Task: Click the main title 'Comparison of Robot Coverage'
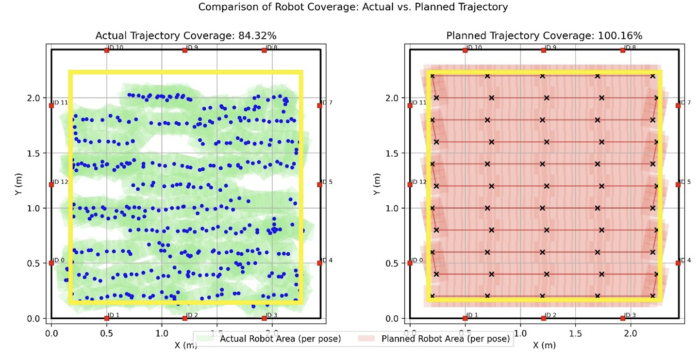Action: (349, 7)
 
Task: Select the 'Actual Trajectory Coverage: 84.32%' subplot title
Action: (186, 35)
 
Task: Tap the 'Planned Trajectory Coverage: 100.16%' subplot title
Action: (544, 35)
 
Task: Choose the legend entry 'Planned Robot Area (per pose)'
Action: (446, 339)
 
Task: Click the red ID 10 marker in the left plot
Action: (107, 50)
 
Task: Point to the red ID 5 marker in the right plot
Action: (678, 184)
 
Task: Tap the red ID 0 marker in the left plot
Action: (51, 263)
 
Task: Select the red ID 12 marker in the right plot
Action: (410, 184)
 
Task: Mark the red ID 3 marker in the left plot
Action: (264, 318)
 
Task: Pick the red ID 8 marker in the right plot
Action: (623, 50)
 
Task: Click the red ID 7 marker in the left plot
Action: (319, 105)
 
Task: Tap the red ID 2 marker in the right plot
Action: (544, 318)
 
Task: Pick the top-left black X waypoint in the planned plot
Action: (432, 76)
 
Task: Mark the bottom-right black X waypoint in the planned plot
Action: (652, 295)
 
